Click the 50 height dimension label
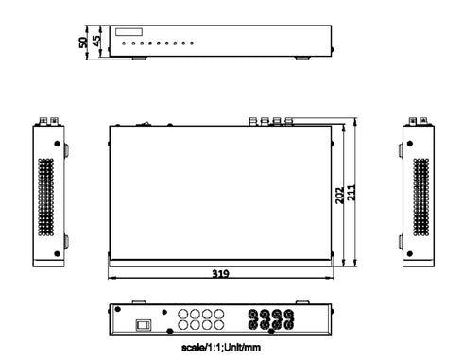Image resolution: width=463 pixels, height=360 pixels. (x=84, y=41)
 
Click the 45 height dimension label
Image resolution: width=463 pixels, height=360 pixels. (x=96, y=42)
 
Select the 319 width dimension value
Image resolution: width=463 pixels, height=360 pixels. (x=220, y=274)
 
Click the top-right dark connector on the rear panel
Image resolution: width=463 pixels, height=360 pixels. (x=289, y=315)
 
